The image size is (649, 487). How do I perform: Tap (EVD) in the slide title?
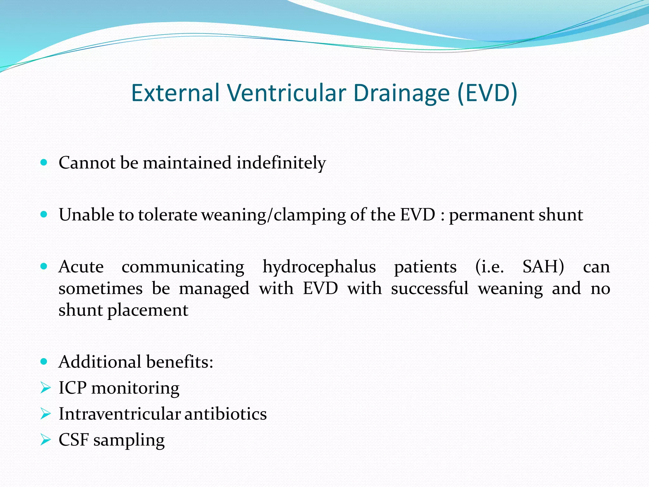click(x=487, y=93)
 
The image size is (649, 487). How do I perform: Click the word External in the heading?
click(x=175, y=93)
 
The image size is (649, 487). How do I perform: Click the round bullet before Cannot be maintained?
click(x=44, y=163)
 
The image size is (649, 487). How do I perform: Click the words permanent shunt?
click(x=516, y=215)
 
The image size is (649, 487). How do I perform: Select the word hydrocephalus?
click(x=319, y=267)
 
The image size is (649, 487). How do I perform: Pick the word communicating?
click(x=183, y=267)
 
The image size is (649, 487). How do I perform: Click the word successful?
click(x=429, y=289)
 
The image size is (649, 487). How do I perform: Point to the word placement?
click(x=148, y=310)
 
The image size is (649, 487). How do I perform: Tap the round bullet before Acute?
click(x=44, y=266)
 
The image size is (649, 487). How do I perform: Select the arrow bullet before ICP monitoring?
click(x=45, y=388)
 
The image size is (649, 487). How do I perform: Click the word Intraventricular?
click(x=119, y=414)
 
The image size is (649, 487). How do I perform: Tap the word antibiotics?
click(x=225, y=414)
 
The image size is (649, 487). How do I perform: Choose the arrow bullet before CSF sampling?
click(x=45, y=440)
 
